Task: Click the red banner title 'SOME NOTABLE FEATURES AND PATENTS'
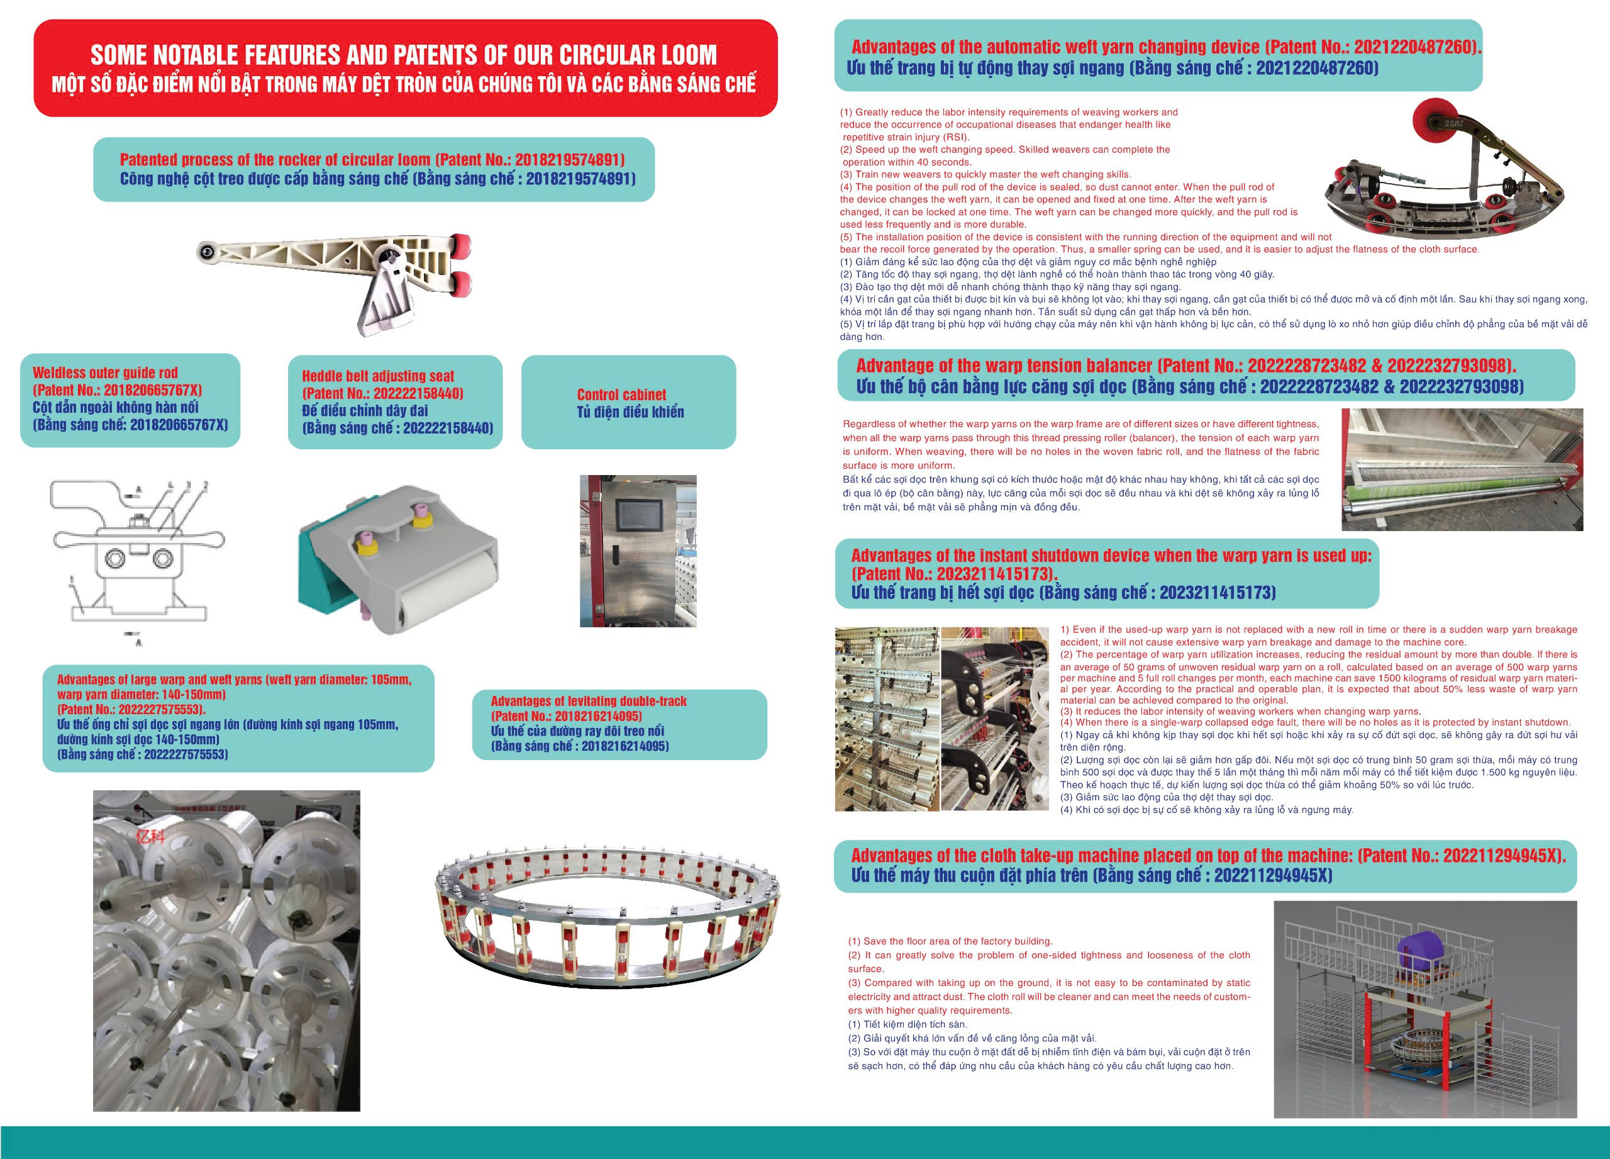[403, 55]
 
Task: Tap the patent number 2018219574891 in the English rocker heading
[569, 160]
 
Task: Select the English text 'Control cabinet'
[621, 394]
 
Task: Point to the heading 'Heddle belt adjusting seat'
[377, 376]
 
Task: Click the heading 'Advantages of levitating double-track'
[589, 702]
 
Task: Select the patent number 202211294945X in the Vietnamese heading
[1273, 875]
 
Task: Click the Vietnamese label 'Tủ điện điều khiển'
[630, 412]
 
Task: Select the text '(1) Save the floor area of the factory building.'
[950, 941]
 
